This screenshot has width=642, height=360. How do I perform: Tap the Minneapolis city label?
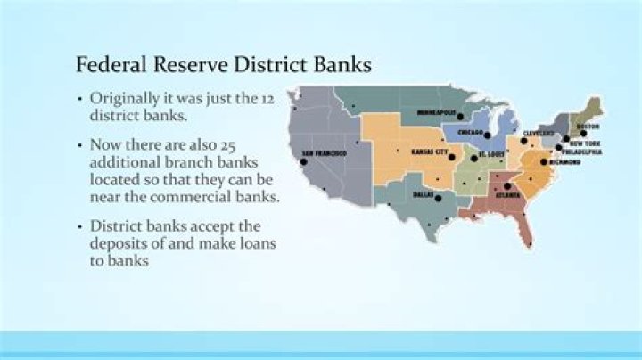[x=436, y=112]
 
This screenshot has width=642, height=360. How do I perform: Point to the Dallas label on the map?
[x=423, y=193]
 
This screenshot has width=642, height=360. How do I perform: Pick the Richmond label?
[x=564, y=163]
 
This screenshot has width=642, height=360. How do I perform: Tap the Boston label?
[x=588, y=127]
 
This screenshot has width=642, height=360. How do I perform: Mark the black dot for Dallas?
[x=438, y=197]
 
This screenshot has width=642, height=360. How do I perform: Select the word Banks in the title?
[x=343, y=65]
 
